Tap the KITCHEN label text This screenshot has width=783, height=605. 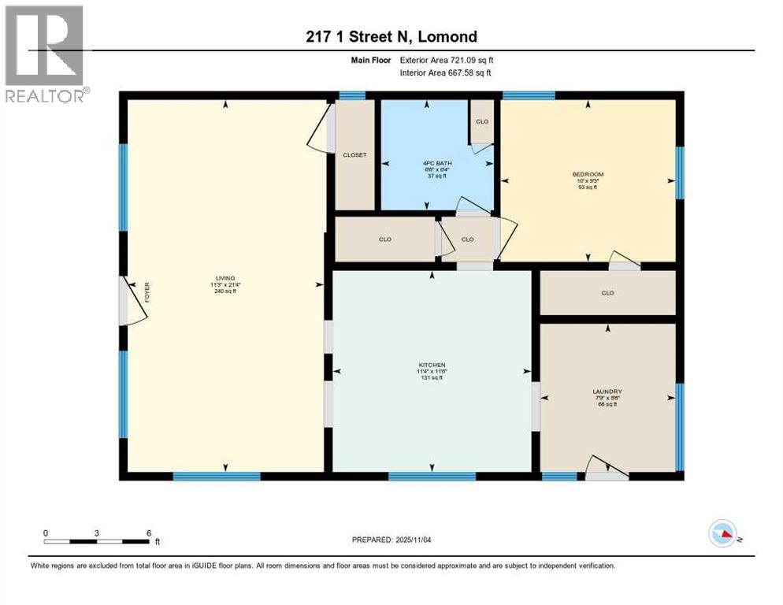pyautogui.click(x=432, y=365)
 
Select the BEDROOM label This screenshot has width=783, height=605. pyautogui.click(x=588, y=174)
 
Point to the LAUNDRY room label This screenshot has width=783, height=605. pyautogui.click(x=607, y=392)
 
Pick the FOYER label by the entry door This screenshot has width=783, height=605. pyautogui.click(x=147, y=293)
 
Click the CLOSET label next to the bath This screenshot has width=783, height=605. pyautogui.click(x=354, y=155)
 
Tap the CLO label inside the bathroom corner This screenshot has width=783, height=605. pyautogui.click(x=482, y=122)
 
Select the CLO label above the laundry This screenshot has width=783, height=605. pyautogui.click(x=607, y=293)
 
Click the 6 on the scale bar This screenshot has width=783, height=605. pyautogui.click(x=148, y=533)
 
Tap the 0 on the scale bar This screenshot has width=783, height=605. pyautogui.click(x=46, y=533)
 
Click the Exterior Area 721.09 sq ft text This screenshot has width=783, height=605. pyautogui.click(x=446, y=60)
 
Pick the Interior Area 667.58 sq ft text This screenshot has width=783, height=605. pyautogui.click(x=447, y=73)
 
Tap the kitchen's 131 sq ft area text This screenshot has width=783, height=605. pyautogui.click(x=432, y=378)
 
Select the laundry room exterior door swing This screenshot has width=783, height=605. pyautogui.click(x=607, y=469)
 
